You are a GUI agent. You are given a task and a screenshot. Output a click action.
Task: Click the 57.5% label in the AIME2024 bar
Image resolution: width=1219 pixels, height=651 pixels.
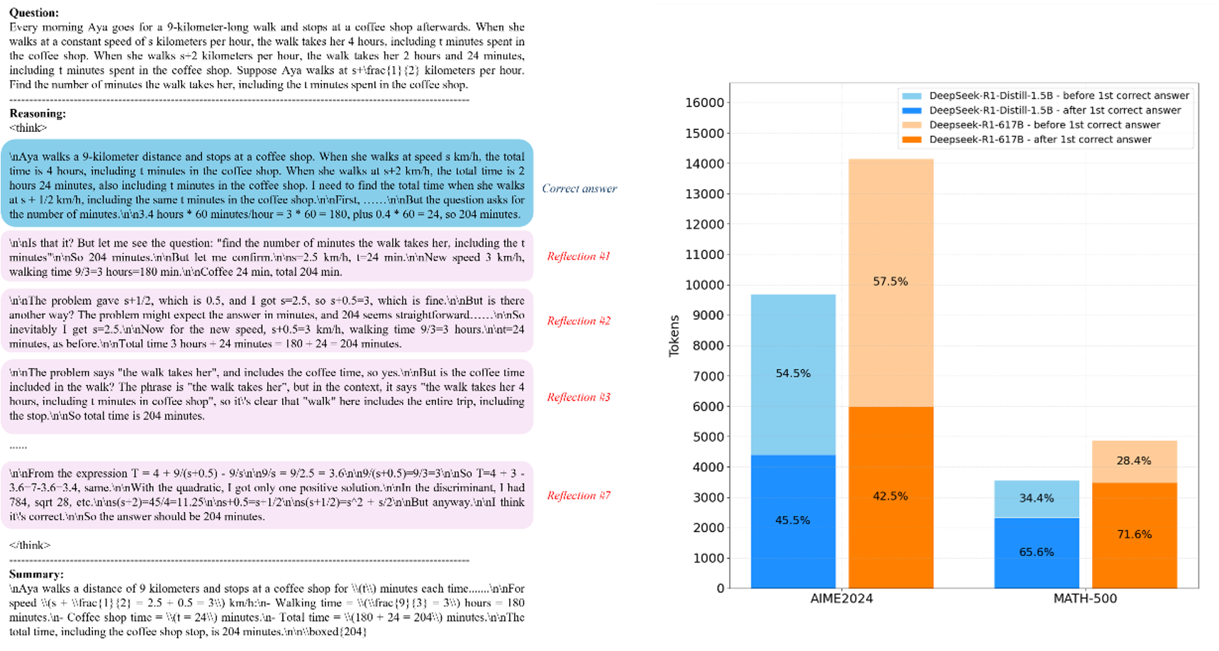pos(890,282)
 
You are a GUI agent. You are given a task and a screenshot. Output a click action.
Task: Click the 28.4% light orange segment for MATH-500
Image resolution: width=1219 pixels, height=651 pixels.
pos(1134,461)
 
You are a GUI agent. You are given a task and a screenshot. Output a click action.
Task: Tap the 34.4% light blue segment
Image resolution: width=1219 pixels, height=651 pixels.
pos(1036,498)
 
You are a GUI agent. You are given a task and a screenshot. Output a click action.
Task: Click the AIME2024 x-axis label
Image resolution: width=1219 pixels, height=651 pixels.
pos(841,599)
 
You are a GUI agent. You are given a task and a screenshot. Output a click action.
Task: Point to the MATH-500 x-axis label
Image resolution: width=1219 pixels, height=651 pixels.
pos(1085,599)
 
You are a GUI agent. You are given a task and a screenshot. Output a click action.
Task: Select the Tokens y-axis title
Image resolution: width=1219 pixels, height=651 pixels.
pos(674,335)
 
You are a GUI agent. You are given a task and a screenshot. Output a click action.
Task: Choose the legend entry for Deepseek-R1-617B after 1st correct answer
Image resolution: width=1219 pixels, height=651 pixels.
pos(1040,140)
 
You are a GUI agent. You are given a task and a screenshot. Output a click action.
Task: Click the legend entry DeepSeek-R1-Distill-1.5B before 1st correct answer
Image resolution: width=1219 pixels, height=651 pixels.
pos(1058,96)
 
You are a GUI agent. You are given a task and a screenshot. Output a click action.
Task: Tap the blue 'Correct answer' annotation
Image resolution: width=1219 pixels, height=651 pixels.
pos(579,189)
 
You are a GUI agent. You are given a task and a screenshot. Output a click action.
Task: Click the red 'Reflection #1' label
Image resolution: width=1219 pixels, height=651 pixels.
pos(578,256)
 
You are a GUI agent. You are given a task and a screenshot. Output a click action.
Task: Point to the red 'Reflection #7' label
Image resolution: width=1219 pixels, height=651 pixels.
pos(578,496)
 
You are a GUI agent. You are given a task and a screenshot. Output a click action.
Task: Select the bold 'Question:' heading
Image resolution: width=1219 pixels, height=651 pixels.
pos(34,13)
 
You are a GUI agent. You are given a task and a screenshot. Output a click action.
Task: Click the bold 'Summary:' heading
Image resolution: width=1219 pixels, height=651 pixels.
pos(36,574)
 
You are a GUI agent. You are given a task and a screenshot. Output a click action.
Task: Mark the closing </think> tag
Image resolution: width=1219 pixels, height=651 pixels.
pos(30,545)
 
